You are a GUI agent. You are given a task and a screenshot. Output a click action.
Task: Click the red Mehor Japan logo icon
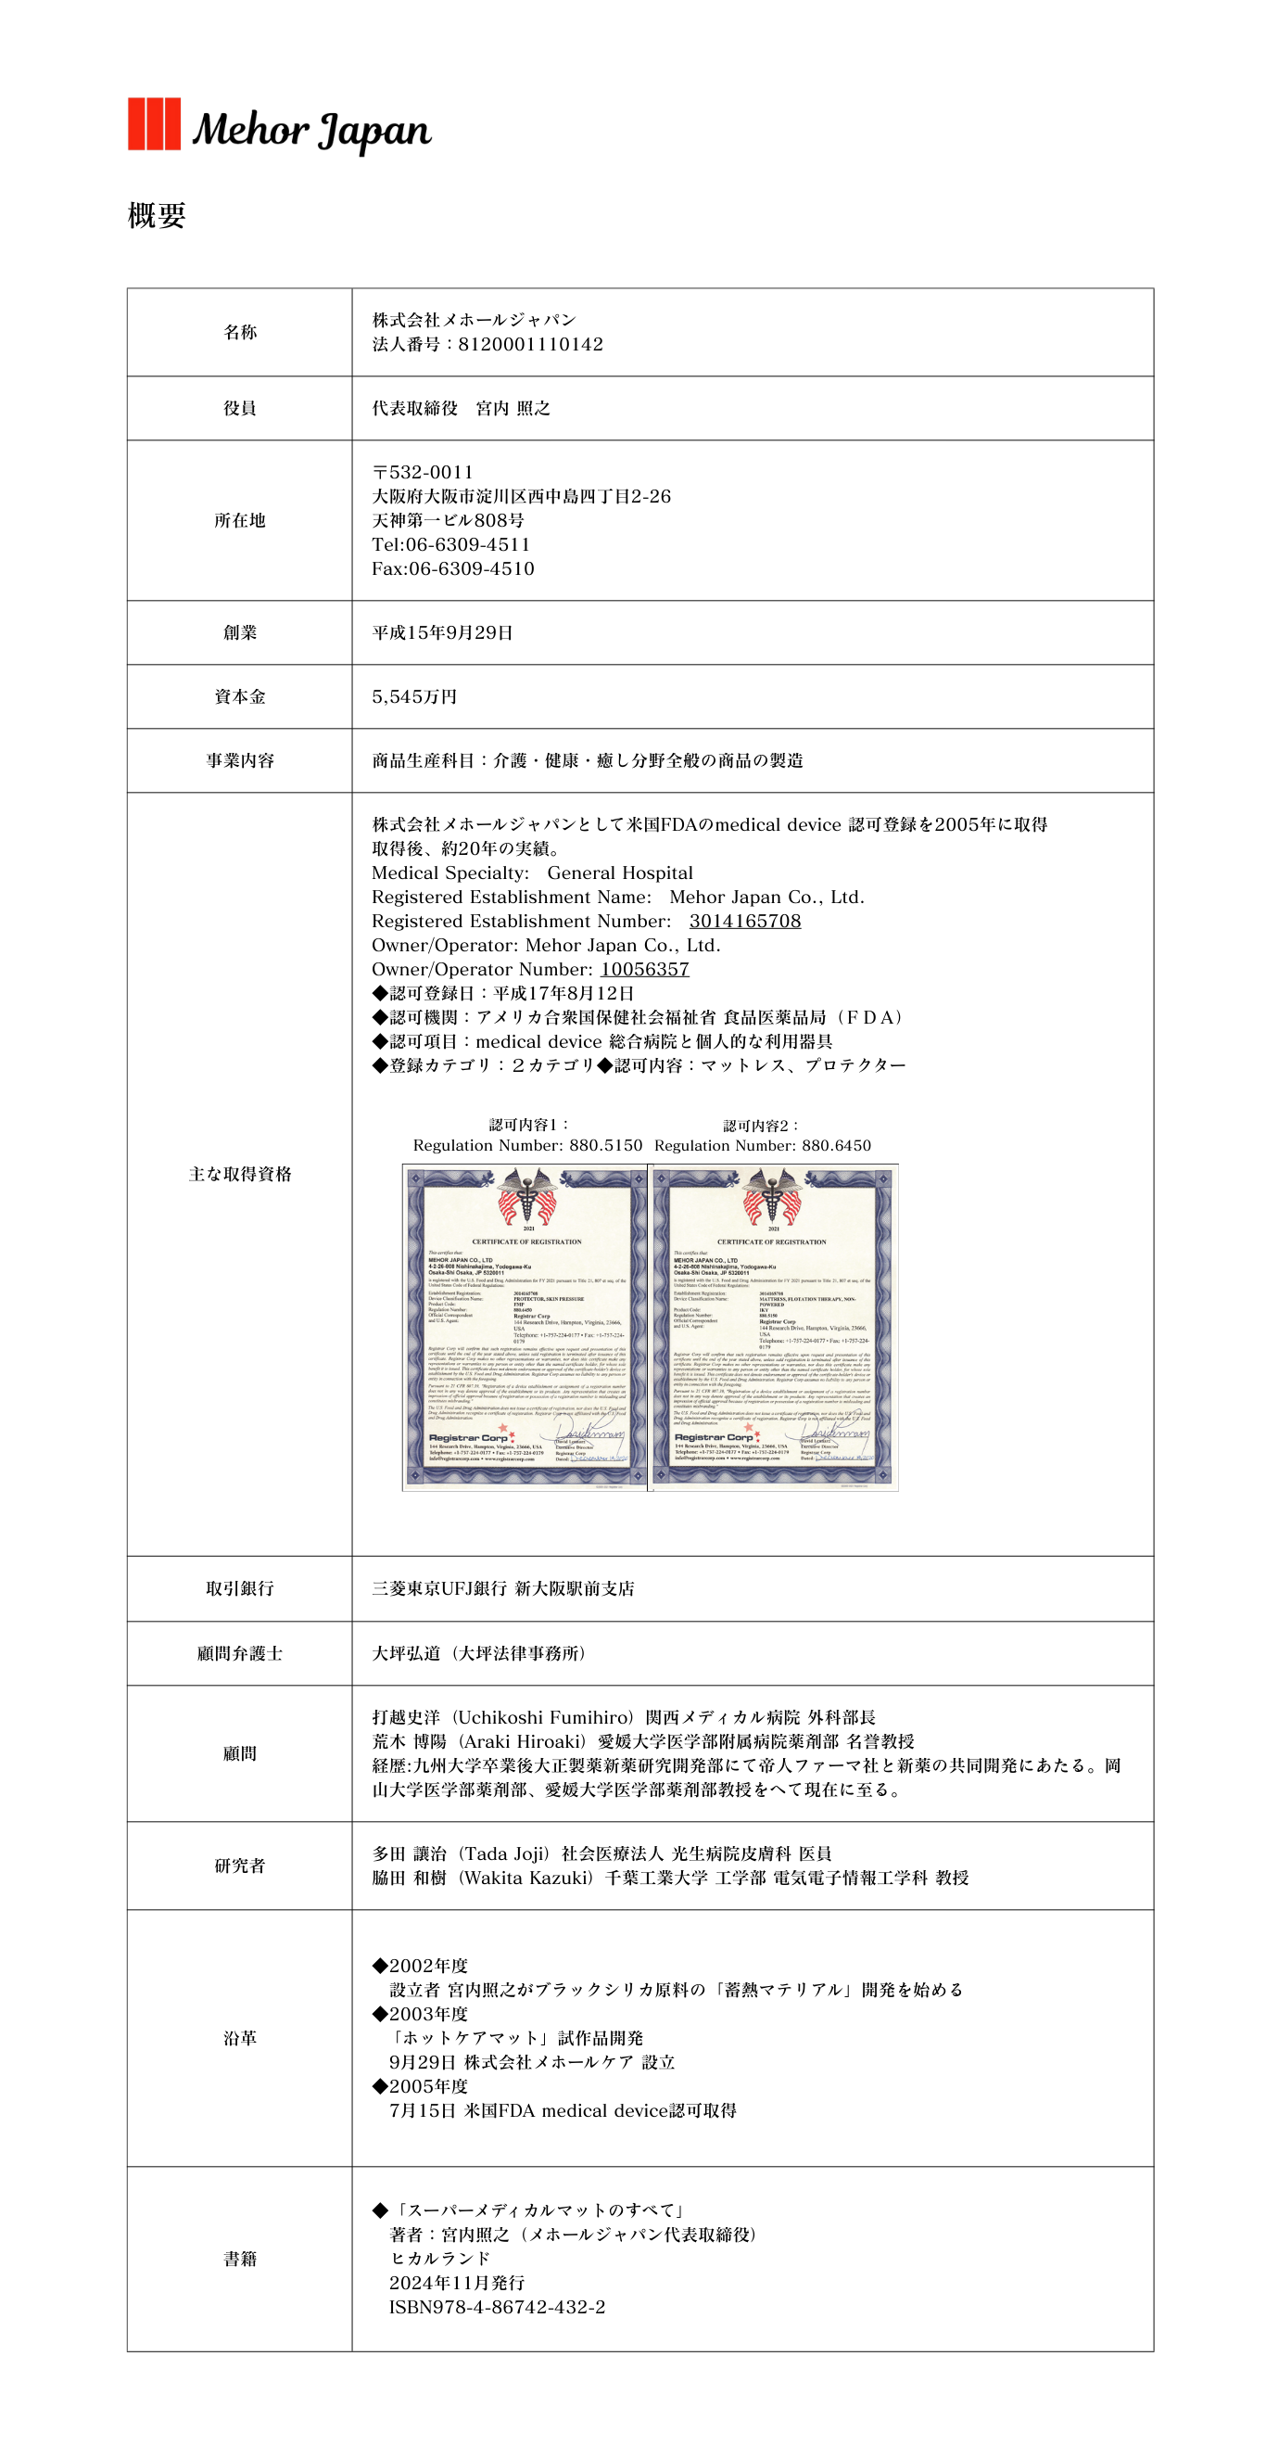pos(154,124)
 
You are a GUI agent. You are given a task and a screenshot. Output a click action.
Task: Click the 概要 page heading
pos(157,216)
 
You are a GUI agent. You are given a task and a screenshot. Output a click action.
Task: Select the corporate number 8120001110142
pos(530,345)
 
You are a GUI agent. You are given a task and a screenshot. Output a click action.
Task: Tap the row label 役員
pos(239,408)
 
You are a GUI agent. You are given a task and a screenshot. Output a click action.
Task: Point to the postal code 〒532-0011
pos(423,472)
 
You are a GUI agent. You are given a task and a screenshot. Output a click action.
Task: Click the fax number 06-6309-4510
pos(472,568)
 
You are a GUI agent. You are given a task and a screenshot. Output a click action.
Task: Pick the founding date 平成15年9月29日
pos(443,632)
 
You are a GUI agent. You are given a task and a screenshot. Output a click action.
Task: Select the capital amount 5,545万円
pos(414,696)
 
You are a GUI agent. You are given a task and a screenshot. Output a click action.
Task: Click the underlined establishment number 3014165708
pos(744,921)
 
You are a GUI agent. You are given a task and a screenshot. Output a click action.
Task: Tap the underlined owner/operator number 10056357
pos(644,970)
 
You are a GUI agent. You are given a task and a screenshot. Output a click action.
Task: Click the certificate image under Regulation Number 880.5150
pos(525,1326)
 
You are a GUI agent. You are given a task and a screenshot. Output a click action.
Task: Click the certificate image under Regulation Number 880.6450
pos(774,1326)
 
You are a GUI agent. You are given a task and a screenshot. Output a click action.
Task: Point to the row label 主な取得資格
pos(239,1175)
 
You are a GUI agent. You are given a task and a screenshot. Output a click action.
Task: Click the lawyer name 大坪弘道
pos(407,1653)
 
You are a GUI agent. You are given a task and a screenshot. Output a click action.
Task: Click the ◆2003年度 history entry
pos(420,2014)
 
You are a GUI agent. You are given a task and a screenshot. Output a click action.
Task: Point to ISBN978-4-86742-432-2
pos(497,2307)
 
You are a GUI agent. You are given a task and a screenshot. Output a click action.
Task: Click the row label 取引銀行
pos(239,1588)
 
